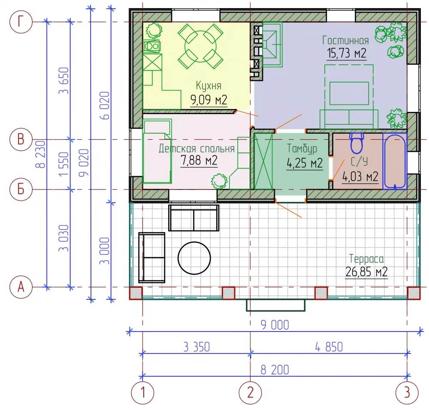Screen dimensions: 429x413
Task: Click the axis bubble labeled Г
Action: (21, 21)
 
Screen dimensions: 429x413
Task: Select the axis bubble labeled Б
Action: (21, 189)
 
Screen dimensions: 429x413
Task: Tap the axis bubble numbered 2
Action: (251, 393)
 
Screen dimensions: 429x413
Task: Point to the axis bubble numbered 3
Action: (407, 393)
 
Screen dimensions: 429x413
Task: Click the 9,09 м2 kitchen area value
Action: (209, 100)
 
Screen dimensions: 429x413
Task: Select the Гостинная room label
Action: (345, 40)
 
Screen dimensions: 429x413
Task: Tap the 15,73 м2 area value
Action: (347, 53)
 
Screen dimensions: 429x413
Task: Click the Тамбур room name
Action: (302, 148)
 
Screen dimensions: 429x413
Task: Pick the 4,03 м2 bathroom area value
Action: (360, 177)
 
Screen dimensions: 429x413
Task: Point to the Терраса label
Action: (366, 259)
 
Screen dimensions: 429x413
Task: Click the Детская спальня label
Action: (197, 148)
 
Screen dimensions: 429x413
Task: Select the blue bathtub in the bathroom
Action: (395, 161)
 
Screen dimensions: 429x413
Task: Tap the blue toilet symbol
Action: (357, 143)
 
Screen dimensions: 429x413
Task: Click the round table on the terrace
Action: (194, 258)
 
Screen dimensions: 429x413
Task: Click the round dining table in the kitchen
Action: (200, 46)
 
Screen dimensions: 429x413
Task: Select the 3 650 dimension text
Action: (64, 81)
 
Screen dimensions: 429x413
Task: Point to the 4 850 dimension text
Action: (329, 347)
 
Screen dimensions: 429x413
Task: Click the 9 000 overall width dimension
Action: (275, 325)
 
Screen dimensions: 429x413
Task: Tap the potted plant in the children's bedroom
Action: (219, 181)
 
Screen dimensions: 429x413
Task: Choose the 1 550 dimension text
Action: (64, 164)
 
